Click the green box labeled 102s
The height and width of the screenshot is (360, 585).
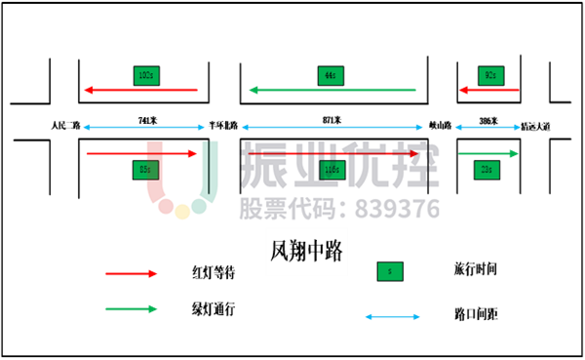[x=146, y=75]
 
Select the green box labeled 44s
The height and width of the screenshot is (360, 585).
[x=331, y=75]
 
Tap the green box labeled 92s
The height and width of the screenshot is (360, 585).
[x=491, y=75]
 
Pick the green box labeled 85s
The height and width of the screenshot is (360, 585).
[x=146, y=170]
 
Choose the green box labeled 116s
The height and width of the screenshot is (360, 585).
[x=332, y=170]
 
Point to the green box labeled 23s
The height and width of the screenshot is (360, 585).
[x=487, y=170]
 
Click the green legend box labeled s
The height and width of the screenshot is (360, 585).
[x=390, y=271]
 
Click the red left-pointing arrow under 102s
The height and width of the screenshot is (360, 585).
[x=141, y=90]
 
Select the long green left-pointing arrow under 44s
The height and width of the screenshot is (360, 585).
[x=331, y=90]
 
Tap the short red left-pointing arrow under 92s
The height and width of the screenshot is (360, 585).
[x=488, y=90]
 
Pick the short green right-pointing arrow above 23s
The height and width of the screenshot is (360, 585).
[x=488, y=153]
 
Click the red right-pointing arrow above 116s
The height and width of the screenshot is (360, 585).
[x=332, y=153]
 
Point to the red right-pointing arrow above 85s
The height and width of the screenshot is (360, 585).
[x=141, y=153]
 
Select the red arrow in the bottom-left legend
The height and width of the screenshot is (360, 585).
[x=131, y=274]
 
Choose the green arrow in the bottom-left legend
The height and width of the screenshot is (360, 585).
[x=131, y=309]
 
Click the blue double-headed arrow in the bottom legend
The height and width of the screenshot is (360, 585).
[x=392, y=316]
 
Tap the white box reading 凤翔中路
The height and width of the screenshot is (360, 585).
[x=306, y=252]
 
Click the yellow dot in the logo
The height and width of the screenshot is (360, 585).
[x=182, y=212]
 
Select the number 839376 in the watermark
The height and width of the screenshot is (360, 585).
[x=397, y=209]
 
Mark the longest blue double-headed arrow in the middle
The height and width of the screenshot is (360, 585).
[x=331, y=127]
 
